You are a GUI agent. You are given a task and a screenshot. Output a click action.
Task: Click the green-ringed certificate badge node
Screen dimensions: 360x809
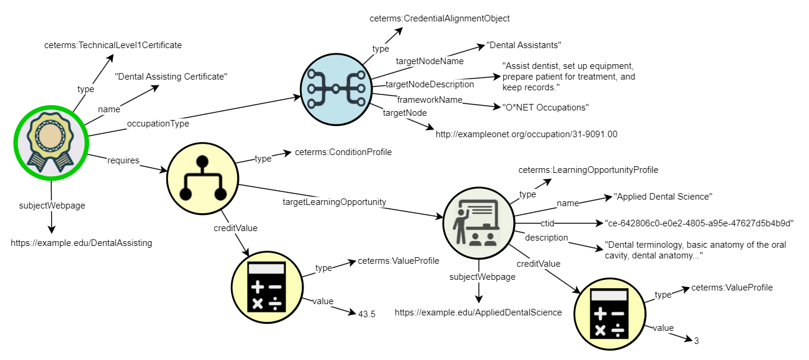coord(50,143)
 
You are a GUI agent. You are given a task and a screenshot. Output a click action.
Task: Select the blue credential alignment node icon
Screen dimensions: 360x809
coord(336,89)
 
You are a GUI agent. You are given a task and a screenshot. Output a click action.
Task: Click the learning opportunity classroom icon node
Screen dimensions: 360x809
coord(478,223)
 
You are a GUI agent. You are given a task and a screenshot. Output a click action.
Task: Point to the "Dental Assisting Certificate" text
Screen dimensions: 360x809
coord(171,77)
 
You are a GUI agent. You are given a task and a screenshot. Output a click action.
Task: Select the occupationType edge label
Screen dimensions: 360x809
coord(157,124)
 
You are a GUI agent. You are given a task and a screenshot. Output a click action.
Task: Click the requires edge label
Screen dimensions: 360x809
coord(123,160)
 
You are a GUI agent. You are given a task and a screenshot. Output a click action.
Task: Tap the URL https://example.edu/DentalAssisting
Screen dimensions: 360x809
coord(81,242)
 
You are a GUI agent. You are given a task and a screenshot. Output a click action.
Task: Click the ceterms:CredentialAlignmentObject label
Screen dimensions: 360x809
coord(440,18)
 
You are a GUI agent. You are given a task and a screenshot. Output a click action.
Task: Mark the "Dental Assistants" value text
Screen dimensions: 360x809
coord(523,45)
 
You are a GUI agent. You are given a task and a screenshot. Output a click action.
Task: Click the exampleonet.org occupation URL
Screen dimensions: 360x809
coord(526,134)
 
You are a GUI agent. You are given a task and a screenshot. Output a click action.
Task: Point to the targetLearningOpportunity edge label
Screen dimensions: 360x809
coord(334,202)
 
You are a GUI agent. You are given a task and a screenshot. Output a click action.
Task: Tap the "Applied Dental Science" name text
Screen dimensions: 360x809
coord(663,197)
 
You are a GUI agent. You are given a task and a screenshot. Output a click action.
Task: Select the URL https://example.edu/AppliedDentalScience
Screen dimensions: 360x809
coord(478,312)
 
